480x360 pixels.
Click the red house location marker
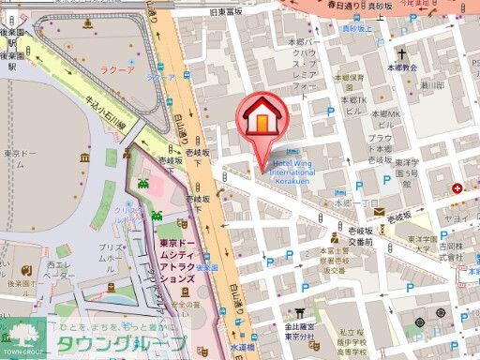click(x=265, y=117)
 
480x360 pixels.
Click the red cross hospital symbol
click(x=457, y=188)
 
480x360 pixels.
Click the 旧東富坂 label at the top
click(x=252, y=10)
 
